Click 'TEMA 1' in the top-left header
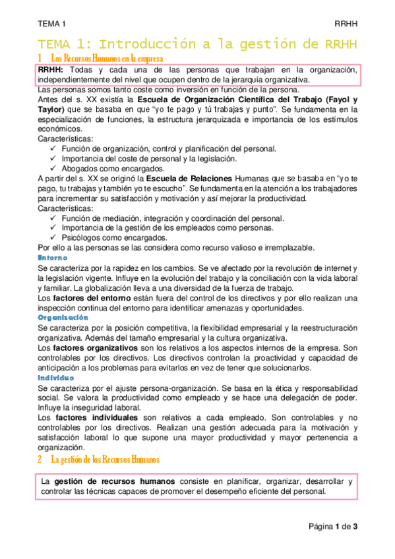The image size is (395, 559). (x=47, y=23)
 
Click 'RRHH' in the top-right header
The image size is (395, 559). (x=346, y=23)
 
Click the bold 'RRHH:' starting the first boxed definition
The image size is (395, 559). (x=51, y=70)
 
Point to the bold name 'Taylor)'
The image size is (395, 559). (x=51, y=109)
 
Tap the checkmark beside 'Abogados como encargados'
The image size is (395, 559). (x=53, y=169)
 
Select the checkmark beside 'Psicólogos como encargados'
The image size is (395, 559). (x=53, y=238)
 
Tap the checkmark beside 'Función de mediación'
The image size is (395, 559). (x=53, y=218)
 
